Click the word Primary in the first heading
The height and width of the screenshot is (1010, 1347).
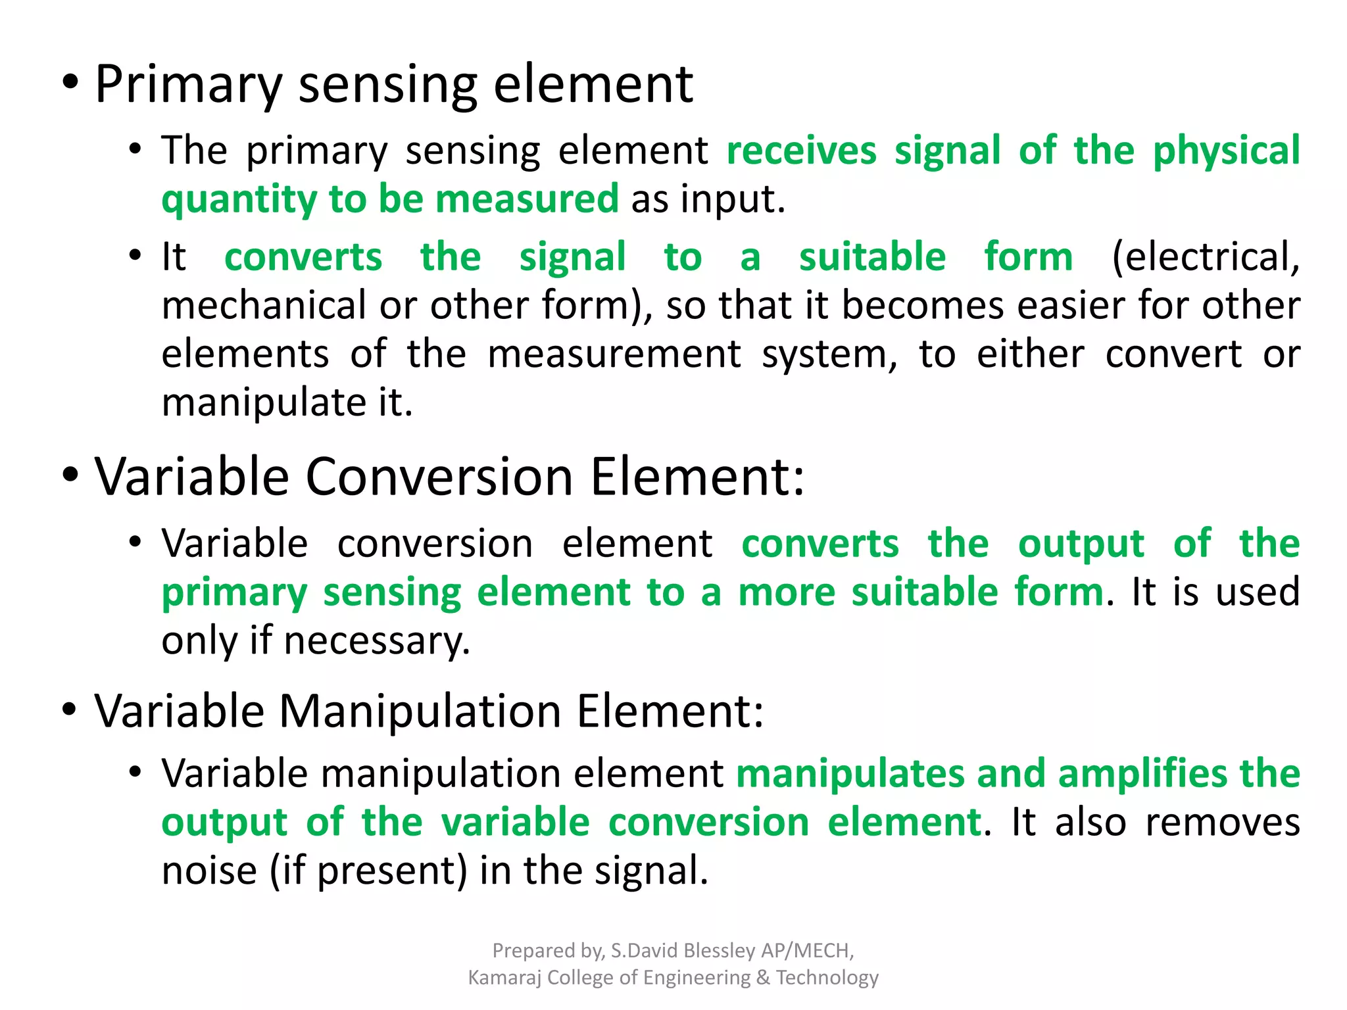(x=189, y=85)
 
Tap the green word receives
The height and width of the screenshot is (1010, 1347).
(x=801, y=151)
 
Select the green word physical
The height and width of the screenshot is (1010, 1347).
(x=1226, y=151)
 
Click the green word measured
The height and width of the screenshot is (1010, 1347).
(x=527, y=199)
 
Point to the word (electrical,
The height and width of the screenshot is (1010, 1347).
(x=1205, y=256)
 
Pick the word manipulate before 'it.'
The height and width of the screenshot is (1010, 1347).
(x=263, y=402)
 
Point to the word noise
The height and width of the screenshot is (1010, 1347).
(x=209, y=871)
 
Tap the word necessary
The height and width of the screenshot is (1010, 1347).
(x=377, y=640)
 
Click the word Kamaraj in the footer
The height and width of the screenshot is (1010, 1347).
(x=504, y=978)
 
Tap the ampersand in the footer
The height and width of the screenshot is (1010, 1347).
(x=763, y=978)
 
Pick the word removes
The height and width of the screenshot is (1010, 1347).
(x=1222, y=822)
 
